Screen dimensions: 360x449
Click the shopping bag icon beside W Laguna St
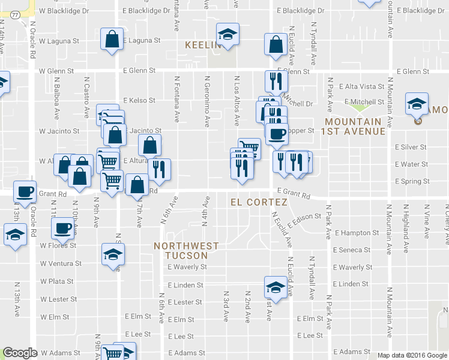tap(112, 40)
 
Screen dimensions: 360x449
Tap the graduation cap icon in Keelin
tap(228, 34)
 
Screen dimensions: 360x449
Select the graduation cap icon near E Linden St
tap(275, 287)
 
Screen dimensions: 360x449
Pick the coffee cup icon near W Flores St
tap(62, 228)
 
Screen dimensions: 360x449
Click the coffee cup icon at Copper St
tap(276, 134)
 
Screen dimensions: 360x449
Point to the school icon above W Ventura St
tap(112, 256)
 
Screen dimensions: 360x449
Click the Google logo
tap(20, 353)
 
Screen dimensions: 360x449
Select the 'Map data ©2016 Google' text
tap(412, 355)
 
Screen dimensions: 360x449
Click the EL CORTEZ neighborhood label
tap(259, 203)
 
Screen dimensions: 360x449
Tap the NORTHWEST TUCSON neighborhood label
tap(185, 250)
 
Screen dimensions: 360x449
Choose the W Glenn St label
tap(56, 71)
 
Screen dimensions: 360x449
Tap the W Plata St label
tap(57, 281)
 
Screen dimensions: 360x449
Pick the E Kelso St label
tap(139, 100)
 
